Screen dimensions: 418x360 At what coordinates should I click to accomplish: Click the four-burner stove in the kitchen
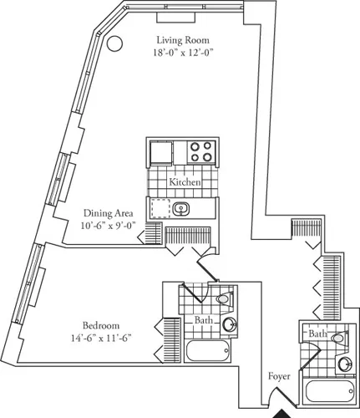pos(200,152)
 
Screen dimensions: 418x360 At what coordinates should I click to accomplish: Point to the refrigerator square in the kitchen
pos(161,153)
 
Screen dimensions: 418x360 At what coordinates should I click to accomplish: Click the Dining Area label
pos(109,213)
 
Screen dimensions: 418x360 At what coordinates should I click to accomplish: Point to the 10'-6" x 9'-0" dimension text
pos(109,226)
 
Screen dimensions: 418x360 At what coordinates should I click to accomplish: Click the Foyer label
pos(279,377)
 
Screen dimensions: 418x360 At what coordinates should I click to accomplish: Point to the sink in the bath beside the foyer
pos(345,363)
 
